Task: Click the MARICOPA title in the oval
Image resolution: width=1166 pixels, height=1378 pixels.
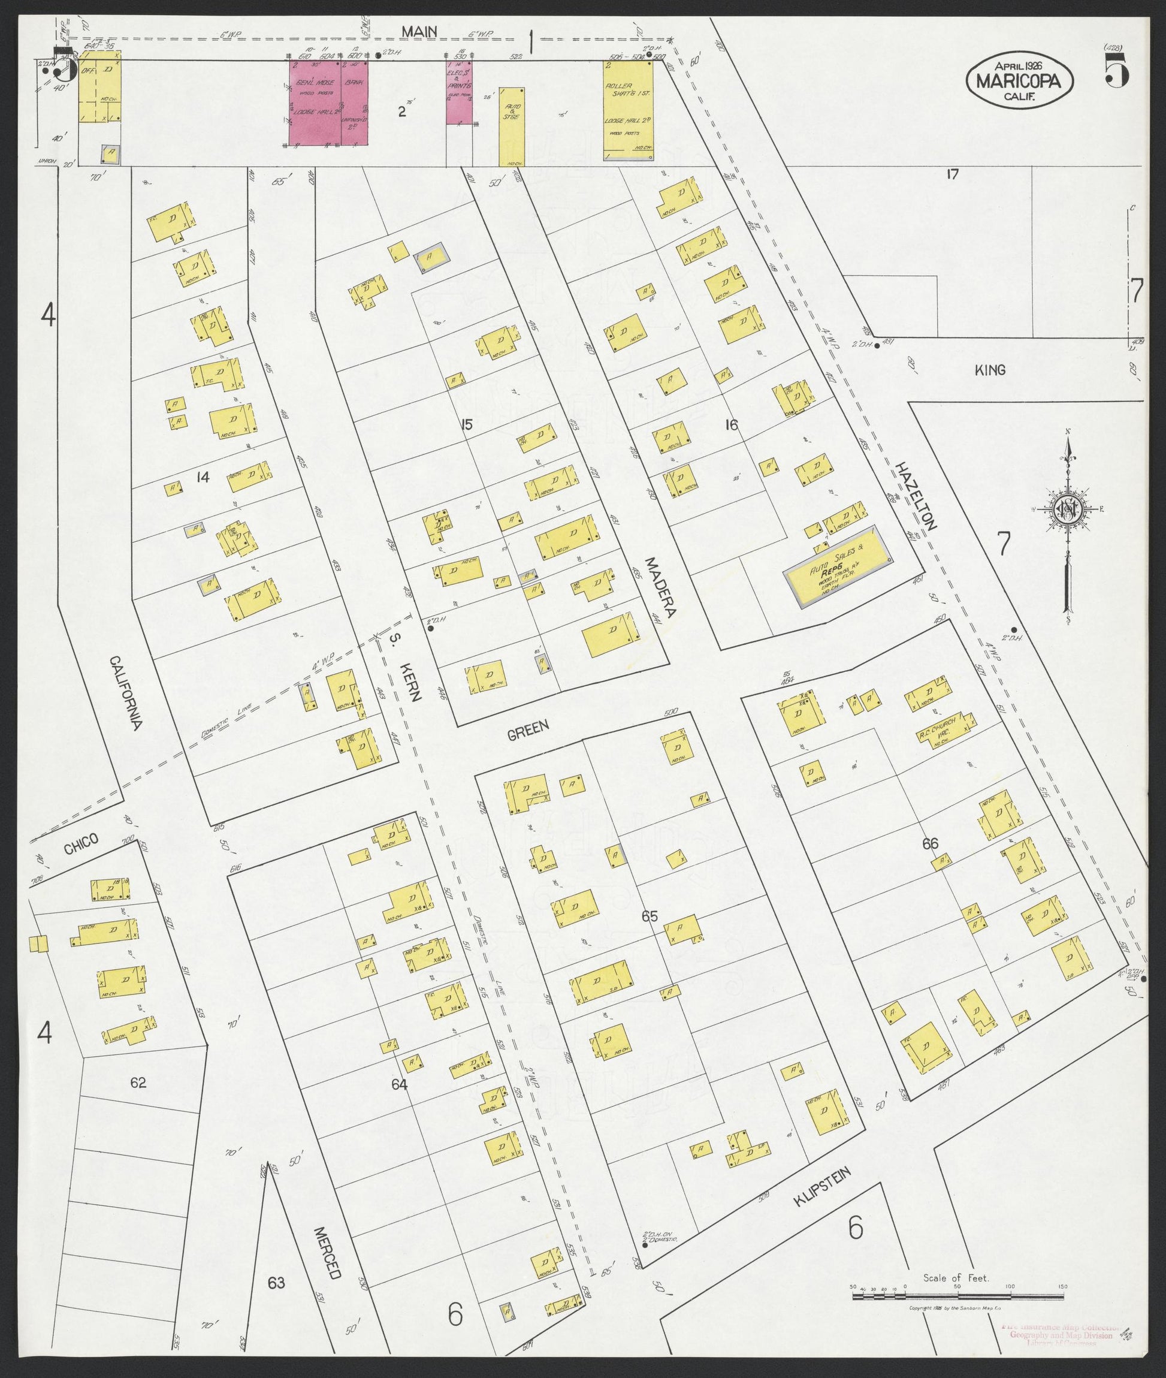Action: (x=1019, y=82)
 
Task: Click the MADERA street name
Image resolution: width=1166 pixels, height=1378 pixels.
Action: (x=660, y=587)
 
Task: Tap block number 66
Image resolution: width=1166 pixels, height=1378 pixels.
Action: (x=930, y=844)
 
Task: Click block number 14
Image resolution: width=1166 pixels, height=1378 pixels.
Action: (x=203, y=476)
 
